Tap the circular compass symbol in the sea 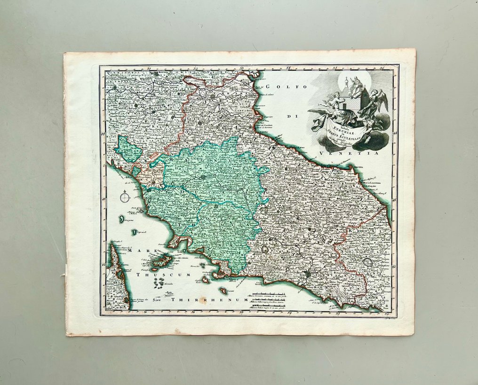tap(125, 198)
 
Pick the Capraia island tap(135, 232)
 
